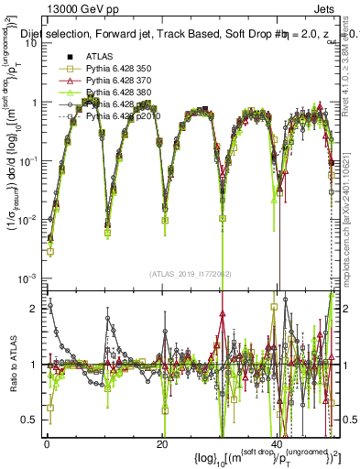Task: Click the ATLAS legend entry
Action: (100, 58)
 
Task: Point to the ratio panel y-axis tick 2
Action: (35, 309)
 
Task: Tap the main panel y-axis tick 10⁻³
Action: (27, 278)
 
